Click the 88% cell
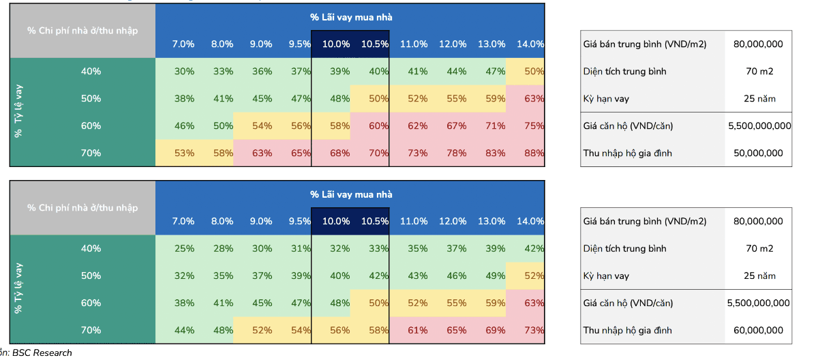[x=534, y=153]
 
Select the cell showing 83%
[x=496, y=153]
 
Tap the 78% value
[x=457, y=153]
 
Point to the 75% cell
[x=534, y=126]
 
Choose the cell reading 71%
[x=496, y=126]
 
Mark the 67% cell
[x=457, y=126]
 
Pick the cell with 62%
[x=417, y=126]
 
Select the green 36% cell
[x=262, y=72]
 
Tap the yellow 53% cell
[x=184, y=153]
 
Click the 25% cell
[x=184, y=249]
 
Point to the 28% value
[x=223, y=249]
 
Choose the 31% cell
[x=301, y=249]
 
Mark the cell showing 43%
[x=417, y=276]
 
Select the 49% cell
[x=496, y=276]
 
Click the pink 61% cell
[x=417, y=331]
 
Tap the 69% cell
[x=496, y=331]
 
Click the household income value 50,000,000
[x=759, y=153]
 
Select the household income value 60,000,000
[x=759, y=331]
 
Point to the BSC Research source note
[x=41, y=352]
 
